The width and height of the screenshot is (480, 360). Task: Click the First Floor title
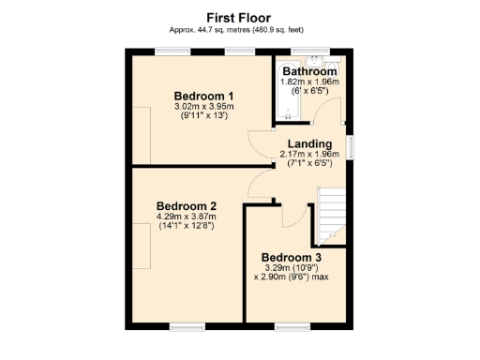239,16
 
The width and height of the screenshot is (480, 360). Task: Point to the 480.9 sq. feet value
281,30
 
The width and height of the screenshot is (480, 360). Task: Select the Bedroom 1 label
203,96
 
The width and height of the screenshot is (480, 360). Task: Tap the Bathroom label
309,71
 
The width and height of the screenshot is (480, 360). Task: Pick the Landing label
308,143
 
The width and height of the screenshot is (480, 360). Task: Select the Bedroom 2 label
187,206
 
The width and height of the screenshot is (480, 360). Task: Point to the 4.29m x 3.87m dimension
187,217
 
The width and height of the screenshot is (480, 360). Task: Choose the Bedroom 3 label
291,258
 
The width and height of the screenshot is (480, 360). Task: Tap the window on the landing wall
351,147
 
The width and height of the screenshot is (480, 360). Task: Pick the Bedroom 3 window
288,325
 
